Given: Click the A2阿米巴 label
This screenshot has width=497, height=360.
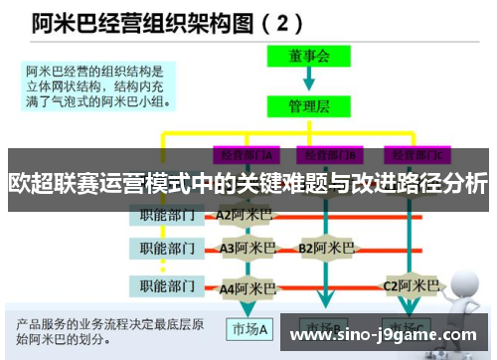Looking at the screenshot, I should click(245, 214).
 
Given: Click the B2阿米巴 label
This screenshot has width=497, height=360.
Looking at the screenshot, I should click(326, 247).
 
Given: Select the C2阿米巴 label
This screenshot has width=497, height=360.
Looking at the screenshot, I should click(411, 285).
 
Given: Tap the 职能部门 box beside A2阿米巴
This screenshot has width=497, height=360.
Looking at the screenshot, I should click(167, 214).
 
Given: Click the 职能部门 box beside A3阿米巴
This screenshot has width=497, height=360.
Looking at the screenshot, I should click(167, 247).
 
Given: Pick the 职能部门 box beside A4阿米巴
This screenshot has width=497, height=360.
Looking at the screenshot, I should click(167, 287).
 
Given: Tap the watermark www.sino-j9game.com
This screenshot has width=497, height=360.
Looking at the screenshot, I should click(388, 335).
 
